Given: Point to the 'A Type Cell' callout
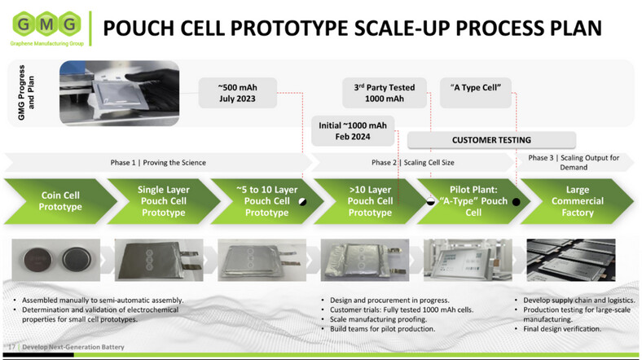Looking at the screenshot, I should click(475, 86).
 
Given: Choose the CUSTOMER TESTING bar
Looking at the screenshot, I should click(490, 139).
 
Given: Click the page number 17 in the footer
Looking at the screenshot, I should click(12, 348).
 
